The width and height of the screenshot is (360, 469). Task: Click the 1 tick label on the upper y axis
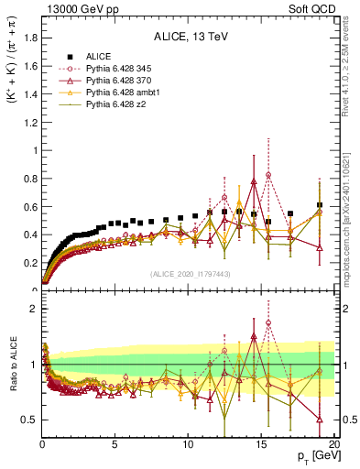(35, 150)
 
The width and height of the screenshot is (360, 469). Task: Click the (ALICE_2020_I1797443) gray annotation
(190, 274)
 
